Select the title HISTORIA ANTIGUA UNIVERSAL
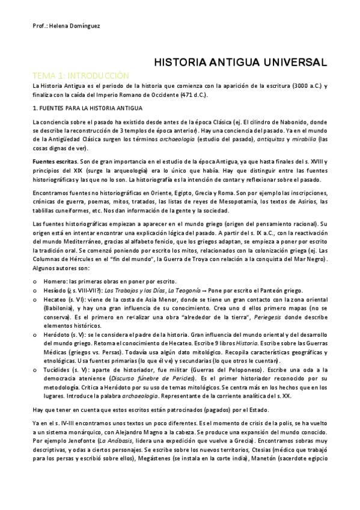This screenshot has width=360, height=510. coord(241,62)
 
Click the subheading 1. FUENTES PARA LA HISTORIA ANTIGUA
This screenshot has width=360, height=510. coord(88,108)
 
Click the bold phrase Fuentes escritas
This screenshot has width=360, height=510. coord(55,162)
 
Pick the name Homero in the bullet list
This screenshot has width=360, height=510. coord(54,281)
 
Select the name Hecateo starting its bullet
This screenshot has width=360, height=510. coord(55,298)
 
